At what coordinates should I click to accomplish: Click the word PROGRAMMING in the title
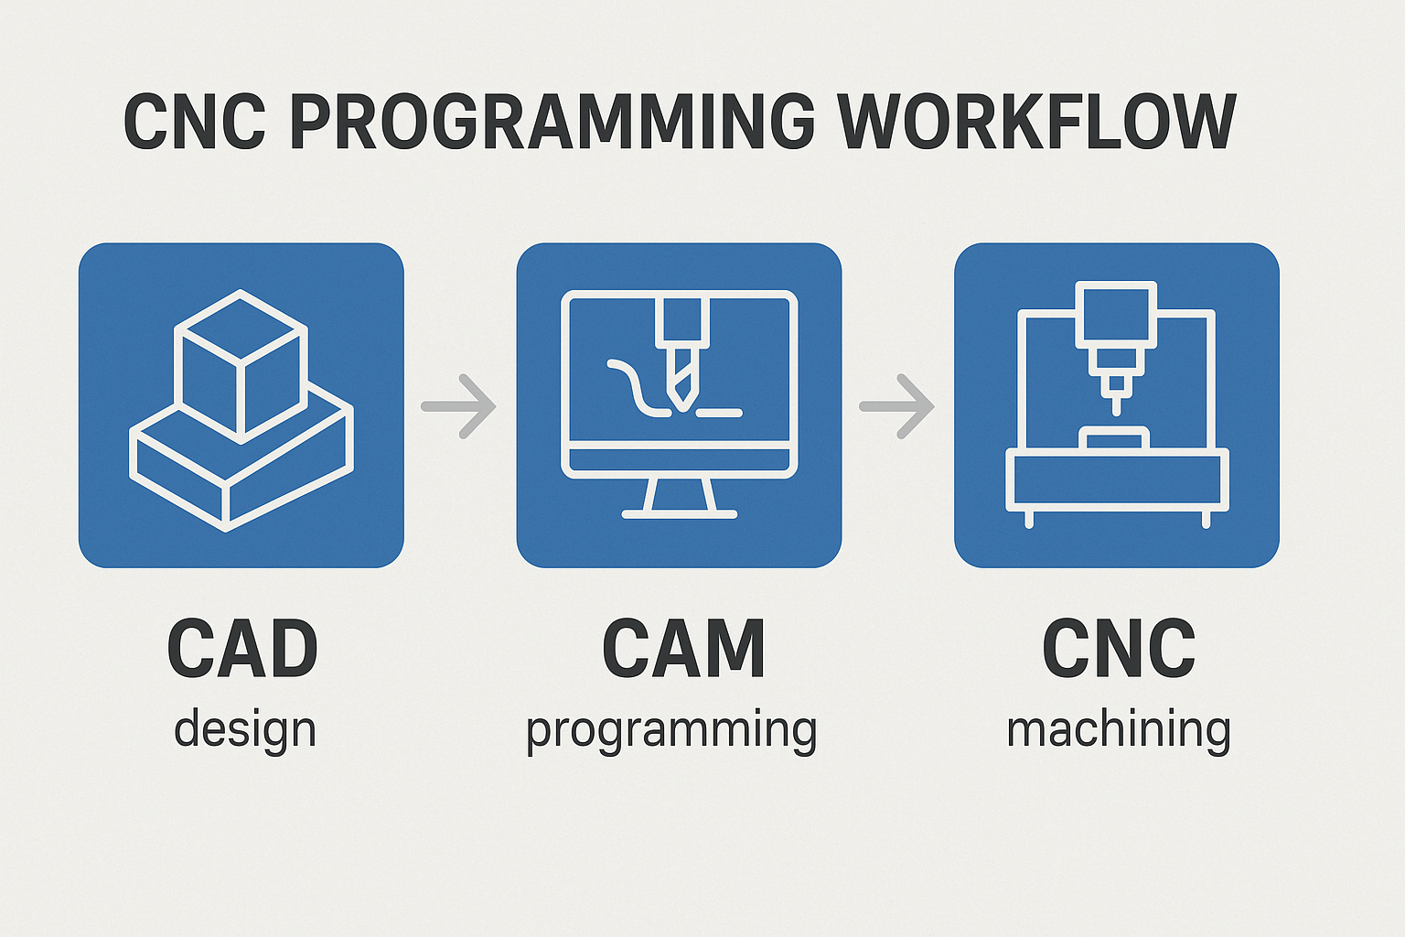coord(552,122)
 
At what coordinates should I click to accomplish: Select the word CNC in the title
coord(195,122)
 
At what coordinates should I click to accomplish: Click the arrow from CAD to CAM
coord(458,406)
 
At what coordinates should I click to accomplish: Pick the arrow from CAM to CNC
coord(897,406)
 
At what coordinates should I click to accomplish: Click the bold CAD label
coord(242,649)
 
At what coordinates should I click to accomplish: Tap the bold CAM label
coord(683,649)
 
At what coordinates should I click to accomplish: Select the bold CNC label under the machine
coord(1119,649)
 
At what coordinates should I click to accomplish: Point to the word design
coord(244,730)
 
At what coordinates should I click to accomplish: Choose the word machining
coord(1119,730)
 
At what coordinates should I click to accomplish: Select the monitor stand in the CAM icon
coord(680,499)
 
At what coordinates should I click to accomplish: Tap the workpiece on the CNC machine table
coord(1114,438)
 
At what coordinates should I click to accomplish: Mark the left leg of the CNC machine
coord(1029,520)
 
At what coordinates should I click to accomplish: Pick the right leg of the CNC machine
coord(1206,520)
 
